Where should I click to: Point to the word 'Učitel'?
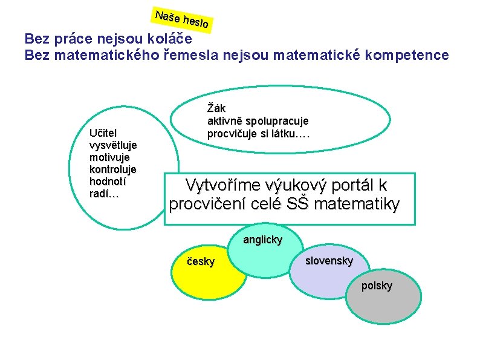[103, 133]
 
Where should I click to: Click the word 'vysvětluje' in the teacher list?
[113, 145]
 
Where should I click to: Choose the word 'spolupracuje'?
[277, 121]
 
